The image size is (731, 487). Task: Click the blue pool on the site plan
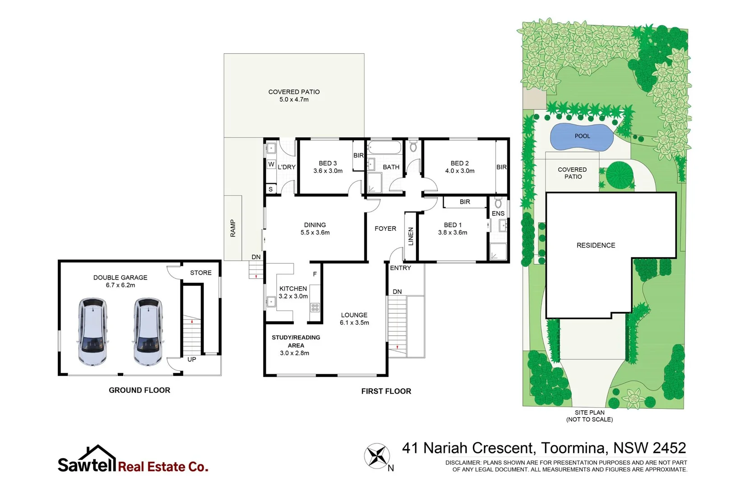(x=581, y=137)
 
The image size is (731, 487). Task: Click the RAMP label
(x=233, y=228)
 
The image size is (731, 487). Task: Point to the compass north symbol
(x=377, y=456)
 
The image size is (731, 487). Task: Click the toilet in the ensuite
(x=498, y=203)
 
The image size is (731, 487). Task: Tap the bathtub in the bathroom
(x=384, y=147)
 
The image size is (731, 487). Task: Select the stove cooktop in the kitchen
(x=315, y=308)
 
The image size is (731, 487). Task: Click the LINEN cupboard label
(x=411, y=236)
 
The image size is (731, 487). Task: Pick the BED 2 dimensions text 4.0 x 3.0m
(x=459, y=171)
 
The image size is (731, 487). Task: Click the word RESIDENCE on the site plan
(x=596, y=245)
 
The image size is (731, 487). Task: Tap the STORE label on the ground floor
(x=201, y=273)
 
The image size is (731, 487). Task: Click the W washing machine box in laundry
(x=271, y=164)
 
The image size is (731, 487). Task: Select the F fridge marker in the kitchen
(x=315, y=274)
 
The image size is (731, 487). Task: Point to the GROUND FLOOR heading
(x=139, y=390)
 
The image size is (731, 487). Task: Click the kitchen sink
(x=271, y=302)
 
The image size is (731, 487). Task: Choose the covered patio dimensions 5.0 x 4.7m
(x=294, y=100)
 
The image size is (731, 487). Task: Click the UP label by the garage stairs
(x=192, y=359)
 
